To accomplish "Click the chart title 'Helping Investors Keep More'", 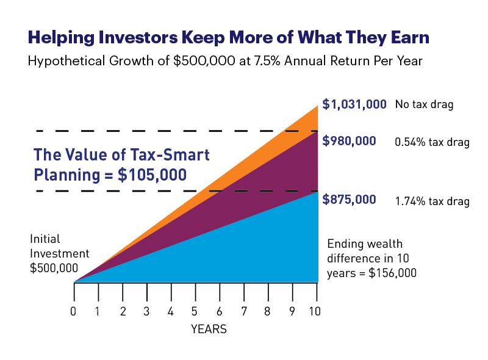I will point(228,38).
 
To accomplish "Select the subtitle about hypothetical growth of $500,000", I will point(233,61).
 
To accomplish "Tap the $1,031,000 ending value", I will point(354,104).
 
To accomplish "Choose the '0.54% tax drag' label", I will point(432,142).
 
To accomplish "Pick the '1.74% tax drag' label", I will point(432,201).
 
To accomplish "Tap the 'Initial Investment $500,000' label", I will point(59,253).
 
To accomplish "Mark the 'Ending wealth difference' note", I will point(372,258).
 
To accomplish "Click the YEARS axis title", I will point(209,329).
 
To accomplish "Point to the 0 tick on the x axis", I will point(74,311).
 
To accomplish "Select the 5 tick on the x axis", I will point(195,311).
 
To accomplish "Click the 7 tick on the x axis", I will point(243,311).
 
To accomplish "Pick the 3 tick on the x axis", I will point(146,311).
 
